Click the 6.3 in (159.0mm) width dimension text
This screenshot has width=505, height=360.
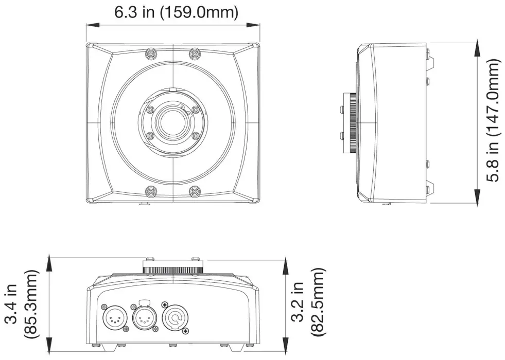click(176, 12)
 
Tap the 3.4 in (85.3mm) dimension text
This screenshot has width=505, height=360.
click(22, 305)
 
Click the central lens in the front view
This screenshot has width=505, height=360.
click(173, 122)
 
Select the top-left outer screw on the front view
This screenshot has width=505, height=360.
click(151, 53)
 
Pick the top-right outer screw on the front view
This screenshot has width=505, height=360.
click(195, 53)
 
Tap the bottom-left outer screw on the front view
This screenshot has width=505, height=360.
click(151, 191)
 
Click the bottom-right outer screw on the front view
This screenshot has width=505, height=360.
click(195, 191)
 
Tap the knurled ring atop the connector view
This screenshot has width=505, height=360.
click(173, 269)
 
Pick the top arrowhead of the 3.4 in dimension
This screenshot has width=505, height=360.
click(49, 263)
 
